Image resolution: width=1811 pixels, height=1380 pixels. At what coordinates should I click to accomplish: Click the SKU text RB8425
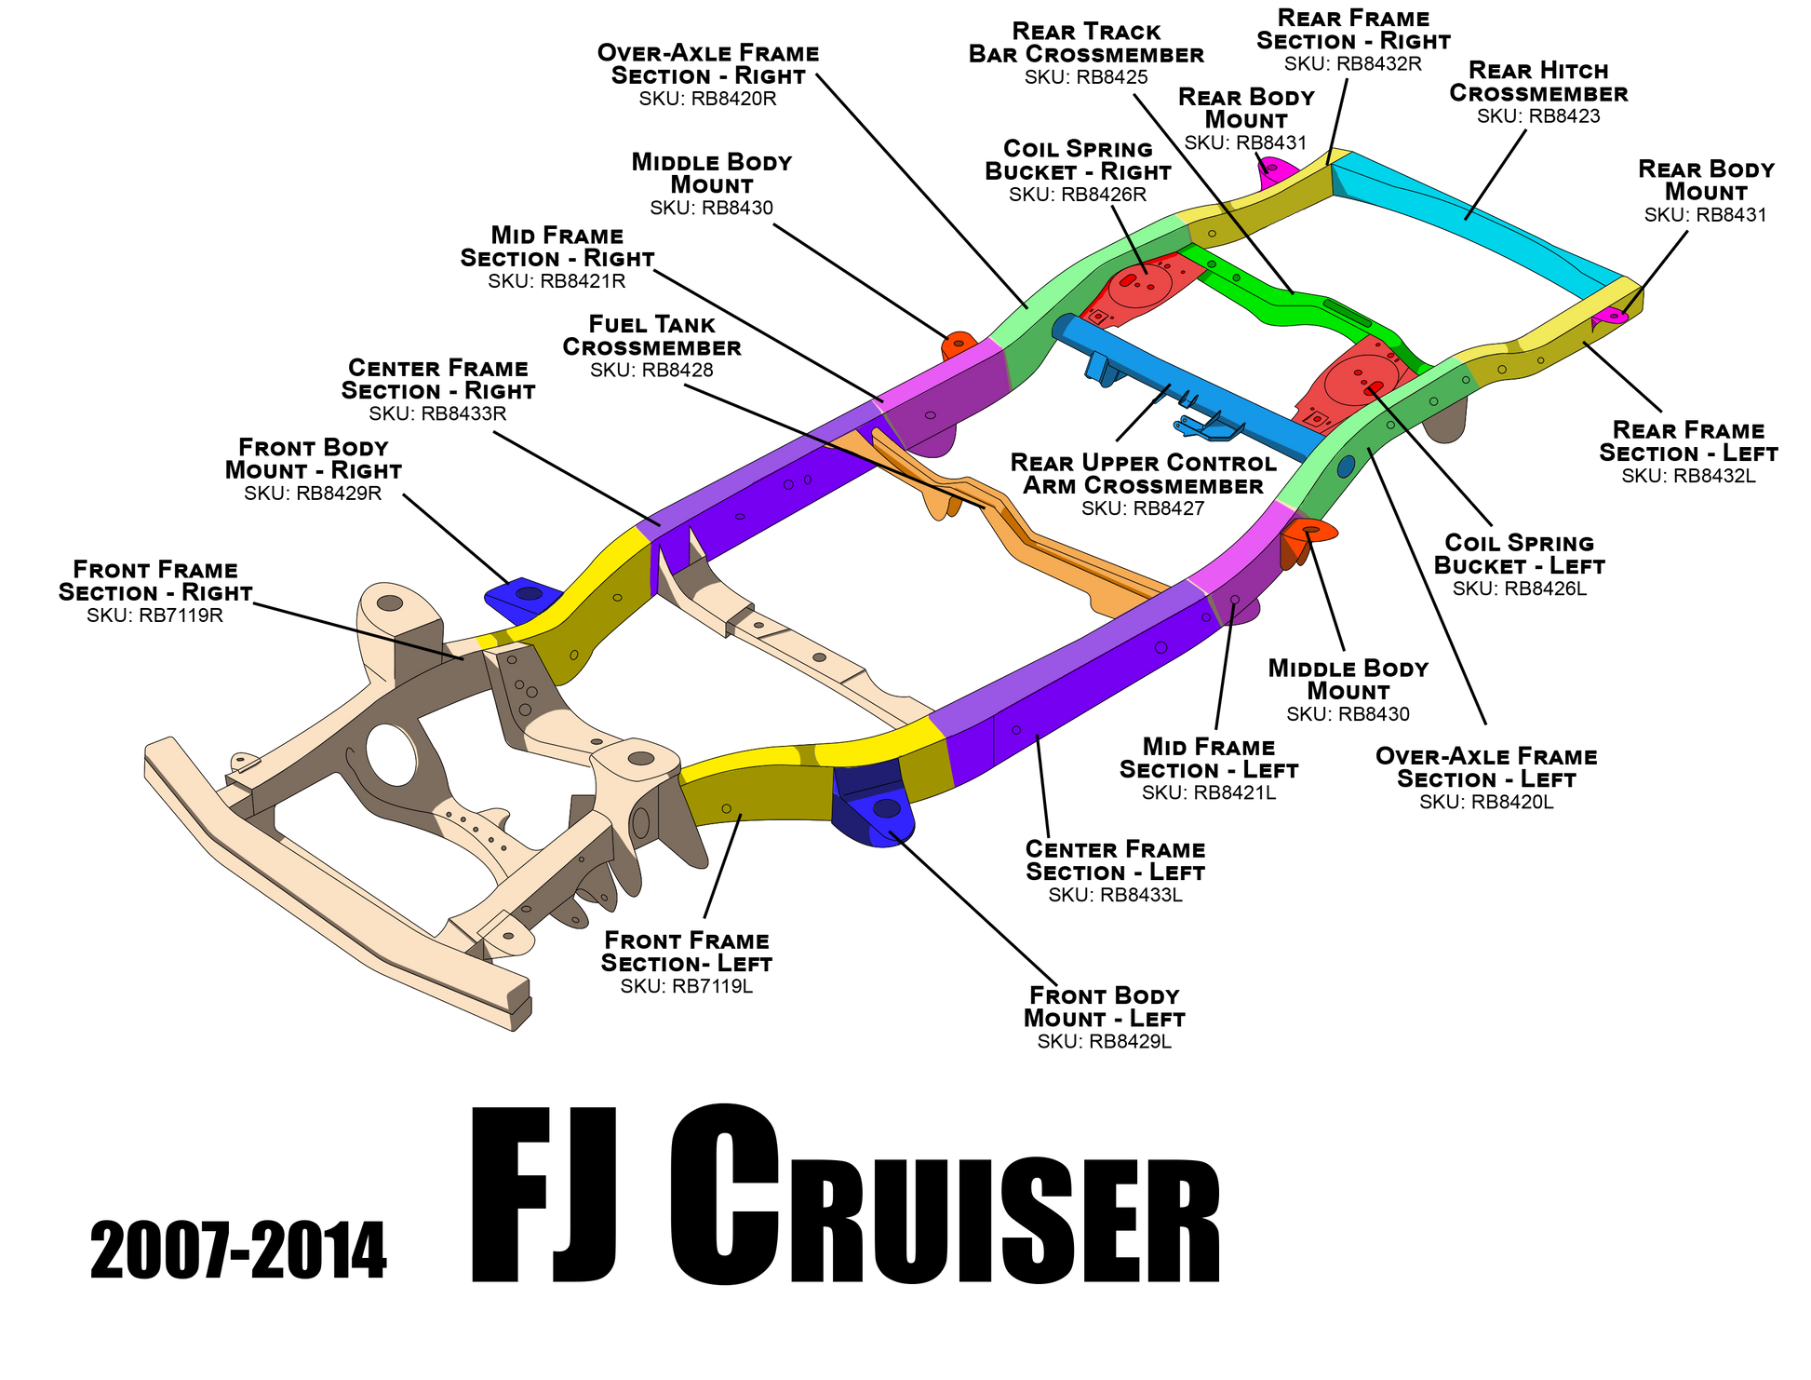click(x=1086, y=77)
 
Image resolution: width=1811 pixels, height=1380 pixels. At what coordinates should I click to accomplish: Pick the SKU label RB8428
click(x=651, y=371)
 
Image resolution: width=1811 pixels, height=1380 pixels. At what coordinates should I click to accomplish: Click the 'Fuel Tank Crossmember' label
click(x=651, y=336)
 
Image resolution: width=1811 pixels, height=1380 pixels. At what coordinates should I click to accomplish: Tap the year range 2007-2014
click(x=238, y=1251)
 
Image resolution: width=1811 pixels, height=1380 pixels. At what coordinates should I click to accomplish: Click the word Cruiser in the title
click(x=945, y=1196)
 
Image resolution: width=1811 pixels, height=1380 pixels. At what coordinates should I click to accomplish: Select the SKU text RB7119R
click(x=154, y=616)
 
